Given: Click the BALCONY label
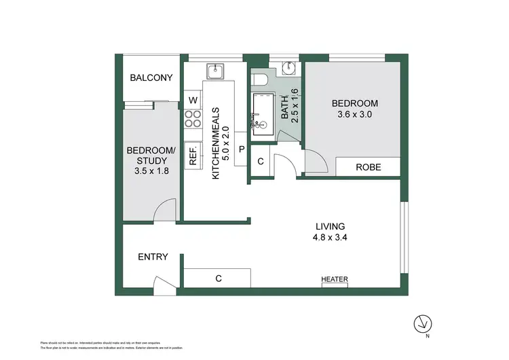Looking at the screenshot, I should (152, 78).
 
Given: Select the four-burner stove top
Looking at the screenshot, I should (193, 120).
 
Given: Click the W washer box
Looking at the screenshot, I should (193, 101).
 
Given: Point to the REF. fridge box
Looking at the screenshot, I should (193, 156).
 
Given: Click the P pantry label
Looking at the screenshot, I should (241, 148).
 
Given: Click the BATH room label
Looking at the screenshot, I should (284, 109).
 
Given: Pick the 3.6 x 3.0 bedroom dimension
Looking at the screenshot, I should (354, 115).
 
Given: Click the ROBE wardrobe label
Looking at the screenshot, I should (368, 167).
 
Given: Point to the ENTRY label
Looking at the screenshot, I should (153, 257).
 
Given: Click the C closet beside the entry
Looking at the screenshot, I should (218, 278).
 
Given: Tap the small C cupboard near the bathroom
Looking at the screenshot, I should (261, 162).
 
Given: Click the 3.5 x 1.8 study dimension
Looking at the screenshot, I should (152, 172).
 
